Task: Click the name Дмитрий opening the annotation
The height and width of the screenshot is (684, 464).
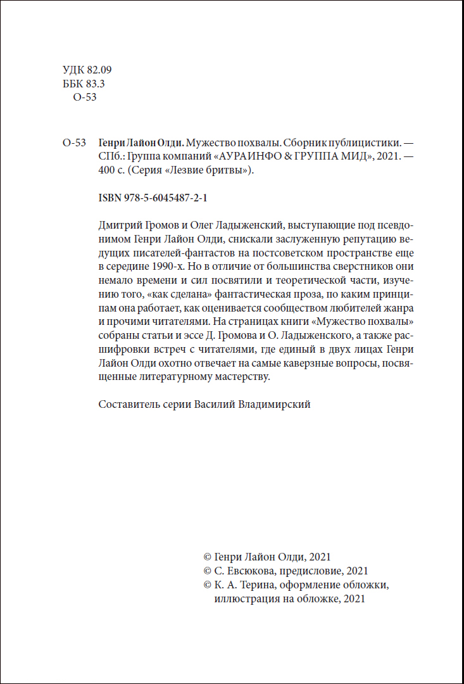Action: click(121, 226)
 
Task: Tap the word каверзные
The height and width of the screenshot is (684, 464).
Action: click(308, 364)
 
